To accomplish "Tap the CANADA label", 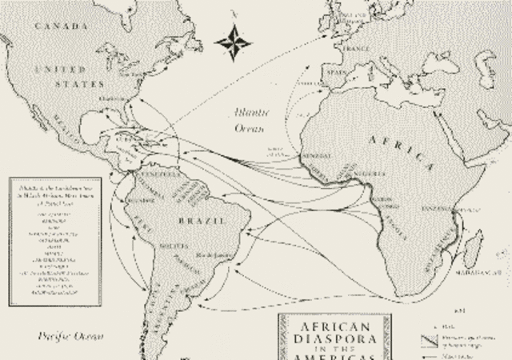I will click(62, 26).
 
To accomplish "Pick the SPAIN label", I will click(335, 72).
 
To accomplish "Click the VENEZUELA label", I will click(158, 174).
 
